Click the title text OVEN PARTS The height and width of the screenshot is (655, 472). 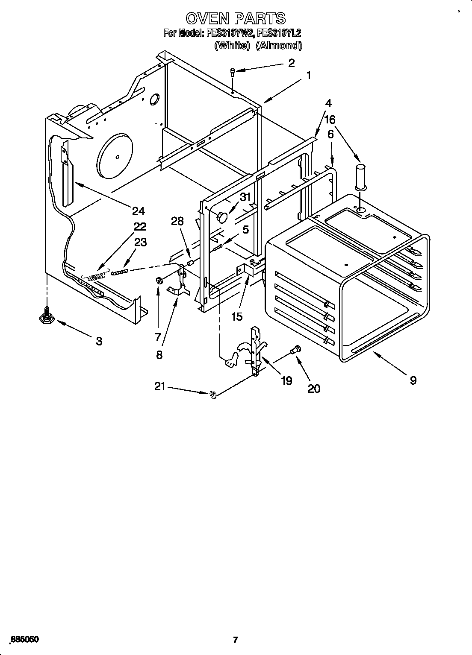coord(236,18)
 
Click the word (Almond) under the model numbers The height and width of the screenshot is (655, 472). coord(279,46)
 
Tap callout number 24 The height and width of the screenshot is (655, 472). coord(138,211)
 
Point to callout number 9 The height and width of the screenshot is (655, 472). coord(413,380)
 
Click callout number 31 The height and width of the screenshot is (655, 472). coord(245,197)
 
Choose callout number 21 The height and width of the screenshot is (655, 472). coord(159,387)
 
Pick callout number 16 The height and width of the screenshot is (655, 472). coord(330,120)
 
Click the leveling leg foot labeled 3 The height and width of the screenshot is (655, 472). coord(46,316)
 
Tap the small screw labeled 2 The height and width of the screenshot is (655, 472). coord(233,72)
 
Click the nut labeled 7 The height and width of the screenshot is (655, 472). coord(158,281)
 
